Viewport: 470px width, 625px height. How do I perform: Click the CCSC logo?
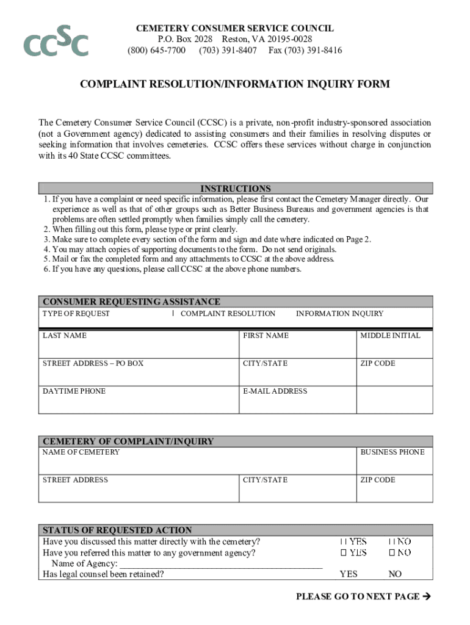pyautogui.click(x=56, y=42)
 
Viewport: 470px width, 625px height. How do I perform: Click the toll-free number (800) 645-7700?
pyautogui.click(x=156, y=50)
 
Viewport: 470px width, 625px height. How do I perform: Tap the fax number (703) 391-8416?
pyautogui.click(x=305, y=50)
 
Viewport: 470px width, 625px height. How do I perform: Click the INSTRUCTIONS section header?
pyautogui.click(x=236, y=189)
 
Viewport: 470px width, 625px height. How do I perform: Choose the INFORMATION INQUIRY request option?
pyautogui.click(x=339, y=314)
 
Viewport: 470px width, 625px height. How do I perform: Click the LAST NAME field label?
pyautogui.click(x=64, y=336)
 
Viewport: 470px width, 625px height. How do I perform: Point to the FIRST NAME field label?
pyautogui.click(x=266, y=336)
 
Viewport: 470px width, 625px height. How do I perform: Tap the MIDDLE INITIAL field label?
pyautogui.click(x=390, y=336)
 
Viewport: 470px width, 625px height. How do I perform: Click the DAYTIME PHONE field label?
pyautogui.click(x=74, y=391)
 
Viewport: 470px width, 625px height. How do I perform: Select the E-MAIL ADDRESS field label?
pyautogui.click(x=275, y=391)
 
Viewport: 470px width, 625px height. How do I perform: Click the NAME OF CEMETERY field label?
pyautogui.click(x=81, y=452)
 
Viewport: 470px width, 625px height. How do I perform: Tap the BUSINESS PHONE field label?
pyautogui.click(x=392, y=452)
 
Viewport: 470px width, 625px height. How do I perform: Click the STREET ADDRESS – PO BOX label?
pyautogui.click(x=93, y=364)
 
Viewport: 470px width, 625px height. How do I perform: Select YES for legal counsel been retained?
pyautogui.click(x=349, y=574)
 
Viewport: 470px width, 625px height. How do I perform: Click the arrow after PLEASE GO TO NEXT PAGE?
pyautogui.click(x=427, y=596)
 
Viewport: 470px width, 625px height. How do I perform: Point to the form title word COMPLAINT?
pyautogui.click(x=119, y=85)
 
